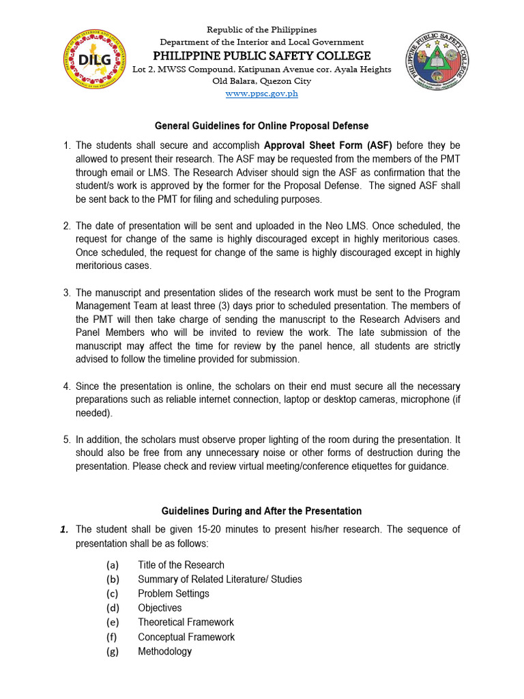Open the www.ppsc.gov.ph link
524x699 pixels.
(261, 94)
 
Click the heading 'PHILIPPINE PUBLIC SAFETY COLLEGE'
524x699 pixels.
(261, 55)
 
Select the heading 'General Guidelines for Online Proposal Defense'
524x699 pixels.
(261, 126)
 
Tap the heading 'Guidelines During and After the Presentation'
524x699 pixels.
(261, 511)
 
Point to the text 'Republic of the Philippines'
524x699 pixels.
(261, 30)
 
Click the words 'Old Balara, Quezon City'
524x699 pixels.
(261, 81)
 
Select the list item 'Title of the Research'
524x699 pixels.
(181, 565)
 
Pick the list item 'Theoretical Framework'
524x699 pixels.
(186, 622)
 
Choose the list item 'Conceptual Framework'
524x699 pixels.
(186, 637)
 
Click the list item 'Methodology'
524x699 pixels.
(164, 651)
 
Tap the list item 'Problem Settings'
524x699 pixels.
(173, 593)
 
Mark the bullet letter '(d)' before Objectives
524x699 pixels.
(113, 608)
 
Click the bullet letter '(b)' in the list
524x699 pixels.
(113, 579)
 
